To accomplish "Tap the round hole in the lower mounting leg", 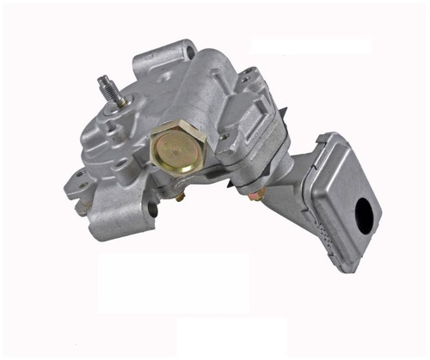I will (x=153, y=209).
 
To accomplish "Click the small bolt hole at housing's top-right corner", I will (x=249, y=77).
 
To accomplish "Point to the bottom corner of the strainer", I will (x=349, y=269).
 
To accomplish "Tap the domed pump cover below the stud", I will (x=107, y=137).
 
